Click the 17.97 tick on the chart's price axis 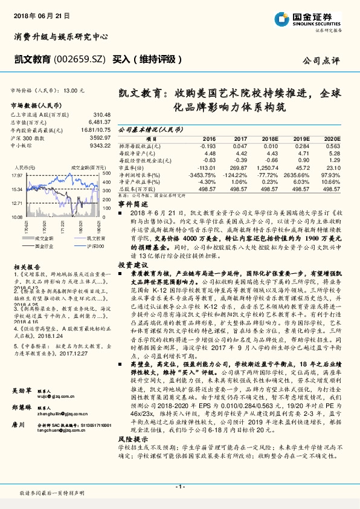16,175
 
